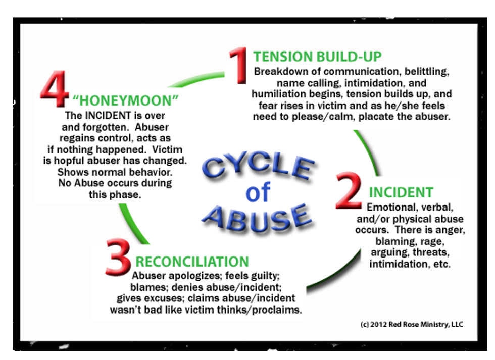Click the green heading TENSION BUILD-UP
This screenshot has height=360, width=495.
pos(317,56)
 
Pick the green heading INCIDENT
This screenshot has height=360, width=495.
pos(401,192)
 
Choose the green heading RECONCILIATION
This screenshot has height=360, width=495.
pos(192,262)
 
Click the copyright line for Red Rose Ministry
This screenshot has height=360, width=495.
pos(412,324)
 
